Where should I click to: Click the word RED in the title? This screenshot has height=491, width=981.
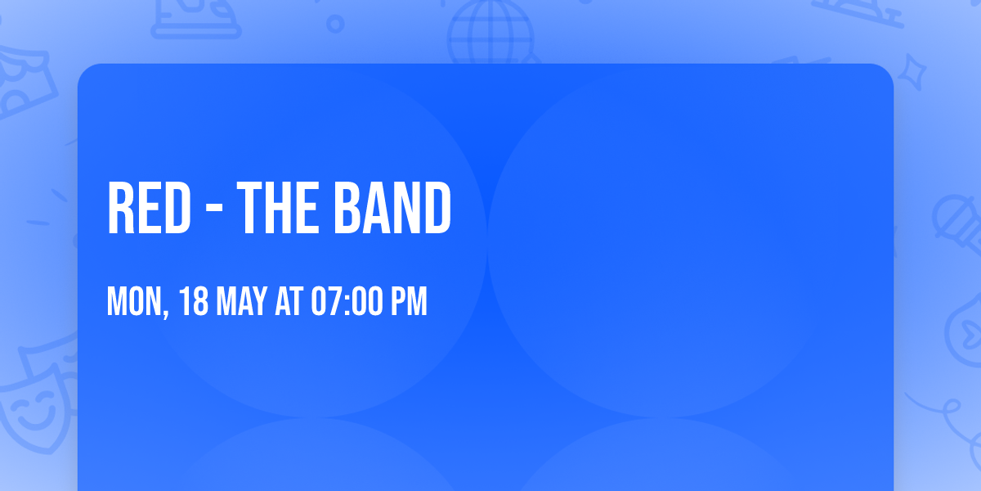tap(149, 209)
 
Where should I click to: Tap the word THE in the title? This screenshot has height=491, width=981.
tap(276, 209)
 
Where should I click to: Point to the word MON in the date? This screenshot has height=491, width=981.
tap(135, 302)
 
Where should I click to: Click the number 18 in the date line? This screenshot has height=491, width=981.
tap(194, 302)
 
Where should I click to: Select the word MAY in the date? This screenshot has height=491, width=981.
tap(242, 302)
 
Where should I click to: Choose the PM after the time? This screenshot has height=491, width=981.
tap(410, 302)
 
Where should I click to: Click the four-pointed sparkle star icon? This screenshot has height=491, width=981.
tap(916, 72)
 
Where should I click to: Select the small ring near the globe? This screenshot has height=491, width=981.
tap(335, 24)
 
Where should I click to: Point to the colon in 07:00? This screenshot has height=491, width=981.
tap(349, 302)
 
